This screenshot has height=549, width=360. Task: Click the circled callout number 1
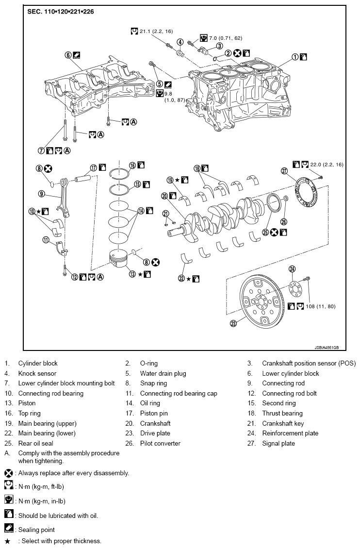point(295,57)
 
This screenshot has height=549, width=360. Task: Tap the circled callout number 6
point(68,55)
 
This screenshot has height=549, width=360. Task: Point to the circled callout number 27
point(284,170)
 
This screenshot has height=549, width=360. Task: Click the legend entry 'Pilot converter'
point(160,443)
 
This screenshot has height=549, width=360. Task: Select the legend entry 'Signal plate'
point(278,443)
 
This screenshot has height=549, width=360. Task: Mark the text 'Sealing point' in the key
point(36,530)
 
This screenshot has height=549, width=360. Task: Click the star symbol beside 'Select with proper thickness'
point(7,541)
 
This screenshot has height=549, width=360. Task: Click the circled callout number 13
point(131,274)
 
